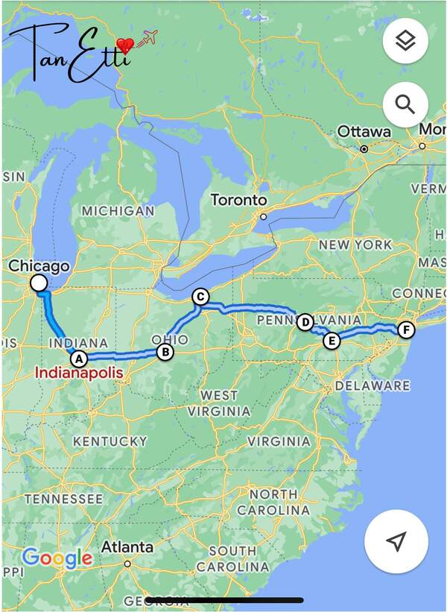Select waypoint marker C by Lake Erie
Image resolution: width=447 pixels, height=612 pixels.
(200, 297)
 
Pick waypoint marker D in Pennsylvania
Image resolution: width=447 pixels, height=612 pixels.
(305, 322)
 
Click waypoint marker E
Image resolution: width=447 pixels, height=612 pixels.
(332, 341)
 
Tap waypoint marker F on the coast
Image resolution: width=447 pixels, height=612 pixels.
(405, 329)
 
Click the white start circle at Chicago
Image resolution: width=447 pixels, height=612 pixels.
(38, 283)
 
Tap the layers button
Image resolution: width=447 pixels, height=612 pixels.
(405, 41)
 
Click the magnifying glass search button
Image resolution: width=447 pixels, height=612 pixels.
(405, 104)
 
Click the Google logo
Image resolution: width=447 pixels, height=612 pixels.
(57, 557)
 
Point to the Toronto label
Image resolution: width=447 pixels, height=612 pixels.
(238, 200)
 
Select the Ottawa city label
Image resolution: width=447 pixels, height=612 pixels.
(364, 132)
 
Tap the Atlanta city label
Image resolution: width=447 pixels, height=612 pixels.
(127, 547)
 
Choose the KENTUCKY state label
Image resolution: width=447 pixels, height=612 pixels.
(110, 441)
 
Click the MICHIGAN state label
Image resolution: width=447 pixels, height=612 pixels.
(118, 211)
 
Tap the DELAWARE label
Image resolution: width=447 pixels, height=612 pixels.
(372, 385)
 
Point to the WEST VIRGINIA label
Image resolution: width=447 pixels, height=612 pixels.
(219, 403)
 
